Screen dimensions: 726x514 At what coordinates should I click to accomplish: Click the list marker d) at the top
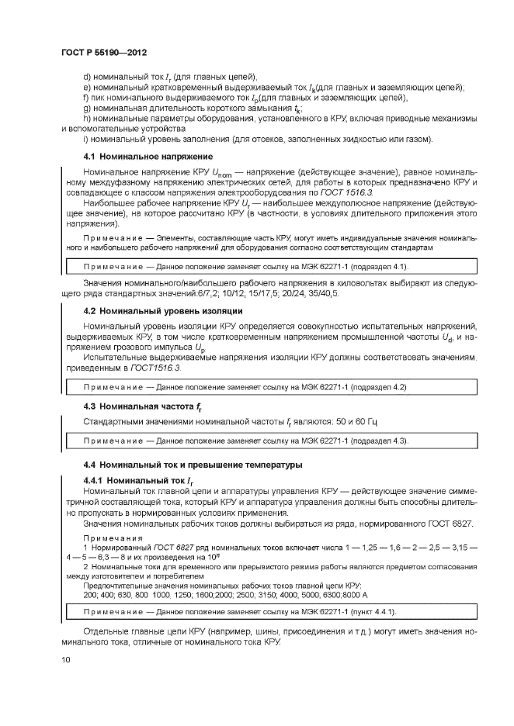pyautogui.click(x=87, y=76)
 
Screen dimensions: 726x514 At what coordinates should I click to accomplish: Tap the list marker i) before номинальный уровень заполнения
pyautogui.click(x=85, y=139)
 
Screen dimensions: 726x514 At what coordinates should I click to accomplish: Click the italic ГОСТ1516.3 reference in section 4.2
pyautogui.click(x=152, y=368)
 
